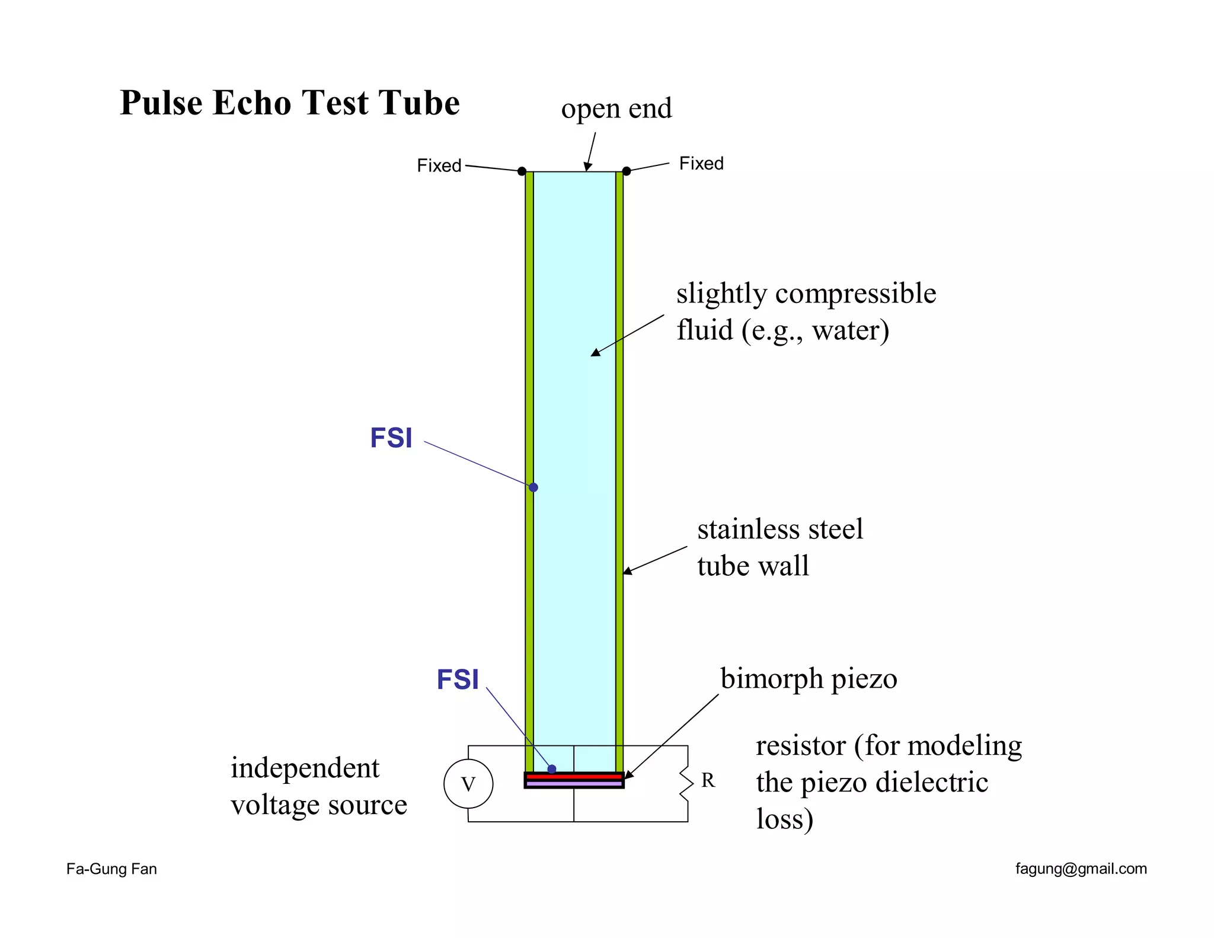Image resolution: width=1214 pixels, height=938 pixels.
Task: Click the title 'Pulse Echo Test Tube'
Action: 289,103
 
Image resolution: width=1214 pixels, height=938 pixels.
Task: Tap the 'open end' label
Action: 616,109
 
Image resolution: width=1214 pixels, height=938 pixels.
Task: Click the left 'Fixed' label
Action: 439,165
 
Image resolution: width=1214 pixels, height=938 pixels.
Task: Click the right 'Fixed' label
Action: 701,164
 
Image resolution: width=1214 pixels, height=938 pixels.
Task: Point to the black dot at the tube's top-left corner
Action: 522,171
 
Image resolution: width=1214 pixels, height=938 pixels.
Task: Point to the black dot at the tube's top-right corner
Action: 627,171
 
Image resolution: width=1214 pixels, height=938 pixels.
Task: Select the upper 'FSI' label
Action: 391,439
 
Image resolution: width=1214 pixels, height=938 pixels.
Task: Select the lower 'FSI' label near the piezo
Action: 458,680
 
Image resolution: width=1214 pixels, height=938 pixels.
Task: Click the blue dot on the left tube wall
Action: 533,487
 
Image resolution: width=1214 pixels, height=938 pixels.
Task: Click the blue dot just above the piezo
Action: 552,769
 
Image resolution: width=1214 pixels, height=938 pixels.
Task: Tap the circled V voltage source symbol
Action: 468,784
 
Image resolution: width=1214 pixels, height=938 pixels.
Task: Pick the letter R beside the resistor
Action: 708,781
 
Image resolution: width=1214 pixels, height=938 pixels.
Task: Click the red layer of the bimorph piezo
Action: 574,776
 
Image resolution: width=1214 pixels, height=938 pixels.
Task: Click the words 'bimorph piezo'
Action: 809,679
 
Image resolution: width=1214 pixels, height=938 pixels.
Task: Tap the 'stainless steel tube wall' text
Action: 779,547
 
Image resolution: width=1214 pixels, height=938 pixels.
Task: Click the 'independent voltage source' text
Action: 318,786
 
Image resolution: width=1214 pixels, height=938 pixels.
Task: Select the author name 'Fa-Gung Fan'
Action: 111,869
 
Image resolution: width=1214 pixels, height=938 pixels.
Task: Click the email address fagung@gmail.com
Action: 1081,869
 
